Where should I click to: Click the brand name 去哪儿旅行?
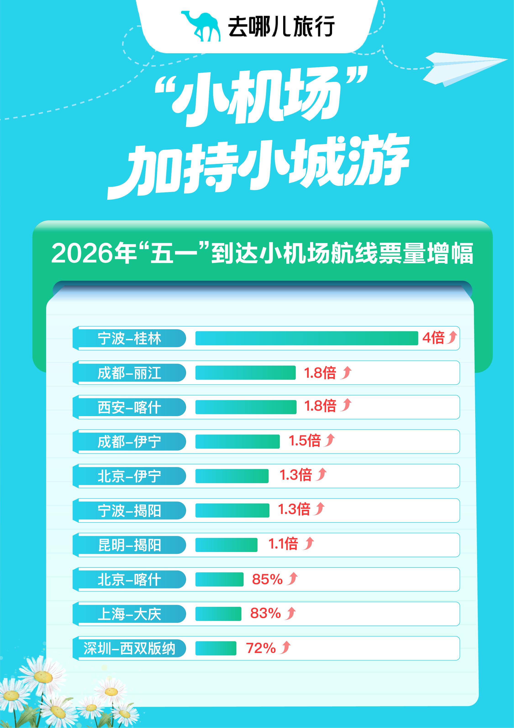pos(281,26)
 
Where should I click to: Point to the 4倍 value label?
pos(433,338)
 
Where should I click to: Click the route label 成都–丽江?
pos(129,373)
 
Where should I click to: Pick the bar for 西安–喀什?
pos(246,407)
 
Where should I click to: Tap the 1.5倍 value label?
pos(305,441)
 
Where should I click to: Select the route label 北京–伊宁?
pos(129,476)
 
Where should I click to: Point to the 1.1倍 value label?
pos(283,544)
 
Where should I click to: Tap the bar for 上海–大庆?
pos(218,614)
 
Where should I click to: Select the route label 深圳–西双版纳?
pos(129,648)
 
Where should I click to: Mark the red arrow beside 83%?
pos(290,613)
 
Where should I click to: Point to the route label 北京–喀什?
pos(129,580)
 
